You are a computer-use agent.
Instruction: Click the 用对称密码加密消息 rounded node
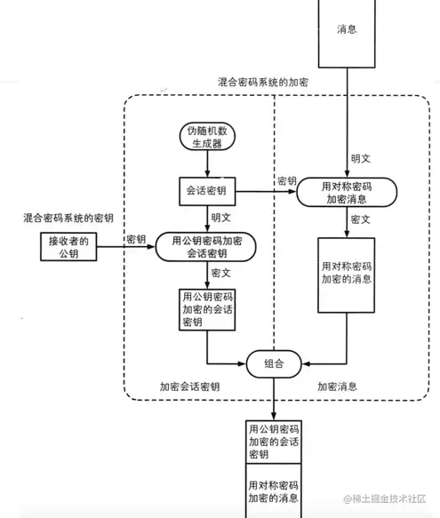(x=347, y=193)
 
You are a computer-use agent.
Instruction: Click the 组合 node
(x=274, y=363)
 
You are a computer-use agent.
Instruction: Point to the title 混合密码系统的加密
(x=270, y=82)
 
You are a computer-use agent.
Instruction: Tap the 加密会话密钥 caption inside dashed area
(x=189, y=387)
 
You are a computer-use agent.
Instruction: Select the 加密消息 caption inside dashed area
(x=338, y=387)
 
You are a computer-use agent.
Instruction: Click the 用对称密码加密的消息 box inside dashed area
(x=347, y=274)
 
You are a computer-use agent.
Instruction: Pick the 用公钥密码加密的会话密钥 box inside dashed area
(x=208, y=309)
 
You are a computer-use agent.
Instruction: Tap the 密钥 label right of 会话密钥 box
(x=286, y=181)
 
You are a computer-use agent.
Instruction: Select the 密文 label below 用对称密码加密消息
(x=361, y=219)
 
